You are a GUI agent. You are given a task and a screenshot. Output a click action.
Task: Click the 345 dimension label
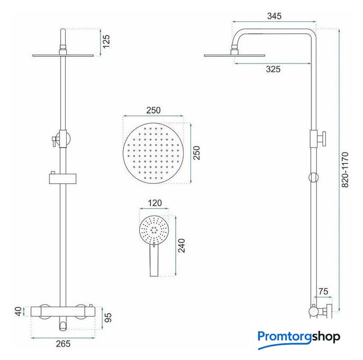(274, 16)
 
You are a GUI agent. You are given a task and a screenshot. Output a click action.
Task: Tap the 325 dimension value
(273, 69)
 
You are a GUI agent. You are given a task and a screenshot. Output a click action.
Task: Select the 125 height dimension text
(106, 42)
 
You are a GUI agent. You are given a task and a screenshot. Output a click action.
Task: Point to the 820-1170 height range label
(344, 170)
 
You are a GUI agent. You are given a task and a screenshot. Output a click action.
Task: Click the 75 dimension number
(323, 291)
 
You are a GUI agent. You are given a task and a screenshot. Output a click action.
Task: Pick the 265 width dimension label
(63, 344)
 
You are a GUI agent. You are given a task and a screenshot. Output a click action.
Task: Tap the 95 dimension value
(108, 317)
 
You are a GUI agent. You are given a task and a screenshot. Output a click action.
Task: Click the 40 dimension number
(19, 311)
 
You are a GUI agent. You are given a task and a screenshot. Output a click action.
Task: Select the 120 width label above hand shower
(155, 203)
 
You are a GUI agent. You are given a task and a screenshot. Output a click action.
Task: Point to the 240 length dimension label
(182, 245)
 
